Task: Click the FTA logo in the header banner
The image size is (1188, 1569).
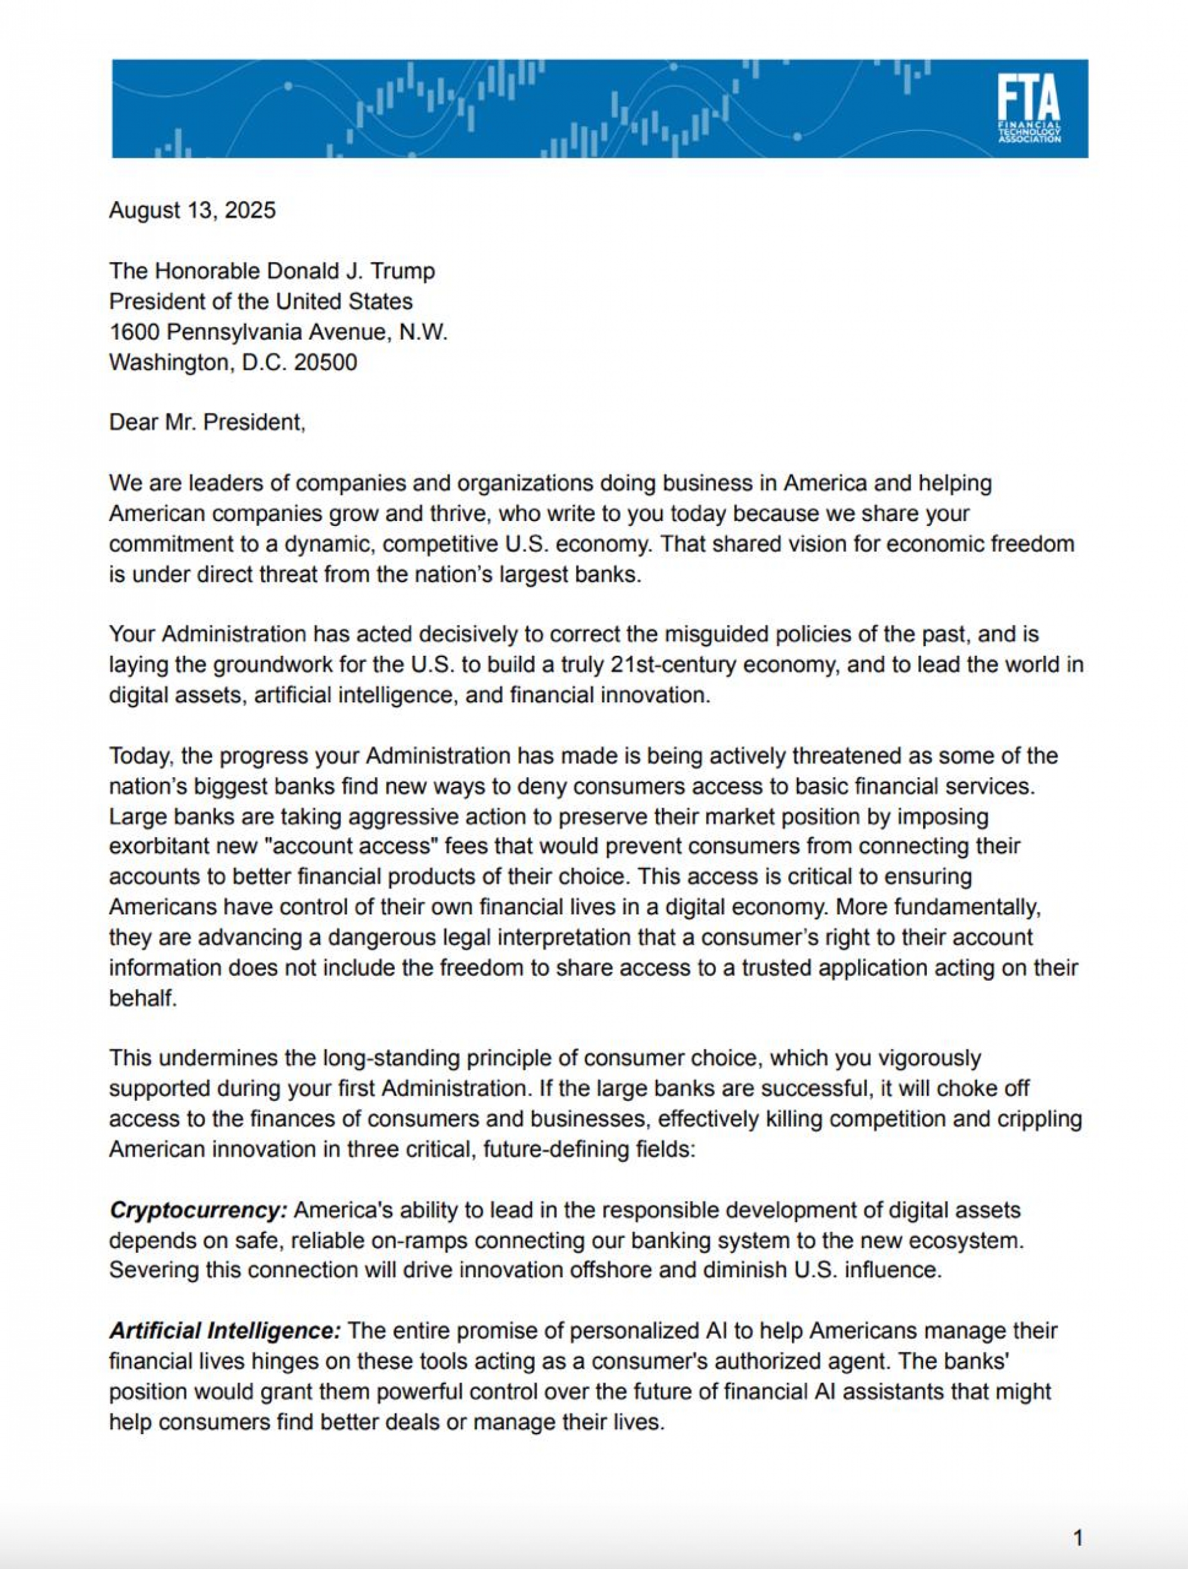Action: [1028, 108]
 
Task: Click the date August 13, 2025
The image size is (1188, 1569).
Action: [192, 211]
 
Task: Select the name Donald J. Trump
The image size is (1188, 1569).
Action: [350, 271]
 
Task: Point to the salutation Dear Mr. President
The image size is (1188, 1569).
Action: [207, 423]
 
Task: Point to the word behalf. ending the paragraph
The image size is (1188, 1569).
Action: [142, 998]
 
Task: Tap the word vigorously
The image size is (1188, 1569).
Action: [929, 1059]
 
